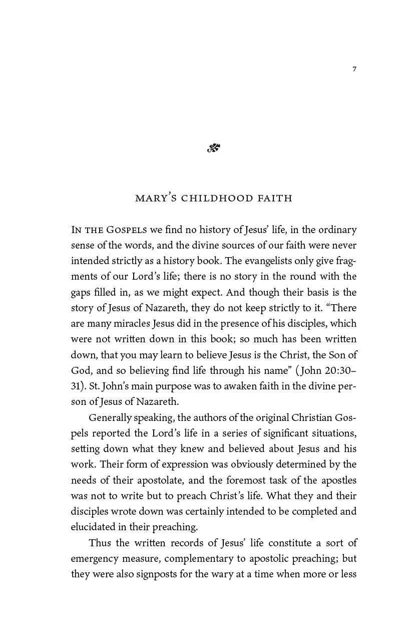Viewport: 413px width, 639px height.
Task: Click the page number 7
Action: [354, 69]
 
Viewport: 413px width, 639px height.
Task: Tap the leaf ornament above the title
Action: [214, 148]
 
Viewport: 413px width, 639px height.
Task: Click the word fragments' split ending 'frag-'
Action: [345, 261]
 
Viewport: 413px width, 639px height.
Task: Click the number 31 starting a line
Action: [76, 386]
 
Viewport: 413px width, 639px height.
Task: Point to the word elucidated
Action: [93, 527]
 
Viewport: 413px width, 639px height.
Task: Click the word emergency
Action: [96, 558]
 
